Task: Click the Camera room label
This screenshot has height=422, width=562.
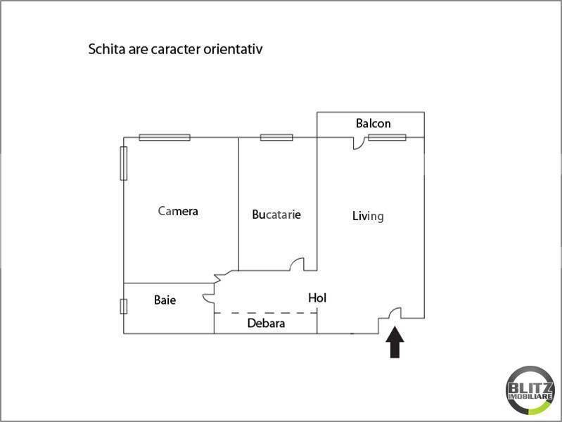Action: (178, 211)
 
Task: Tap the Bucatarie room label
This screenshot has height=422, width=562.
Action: (276, 215)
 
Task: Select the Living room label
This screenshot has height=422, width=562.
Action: (368, 216)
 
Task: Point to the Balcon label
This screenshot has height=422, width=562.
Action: (373, 124)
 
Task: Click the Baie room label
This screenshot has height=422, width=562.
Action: (165, 300)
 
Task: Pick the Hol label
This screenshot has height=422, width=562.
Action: (317, 298)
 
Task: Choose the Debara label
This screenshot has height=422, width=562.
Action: (266, 324)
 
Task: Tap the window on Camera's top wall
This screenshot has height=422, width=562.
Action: (165, 137)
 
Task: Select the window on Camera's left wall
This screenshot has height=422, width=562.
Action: (124, 164)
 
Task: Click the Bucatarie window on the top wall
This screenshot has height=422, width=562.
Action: (276, 137)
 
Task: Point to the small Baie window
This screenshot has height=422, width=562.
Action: (124, 306)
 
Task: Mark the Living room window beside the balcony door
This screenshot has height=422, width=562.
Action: (387, 137)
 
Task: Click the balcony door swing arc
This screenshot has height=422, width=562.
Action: (359, 143)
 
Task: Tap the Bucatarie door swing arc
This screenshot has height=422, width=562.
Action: (298, 264)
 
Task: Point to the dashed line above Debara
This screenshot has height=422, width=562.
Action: (265, 312)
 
